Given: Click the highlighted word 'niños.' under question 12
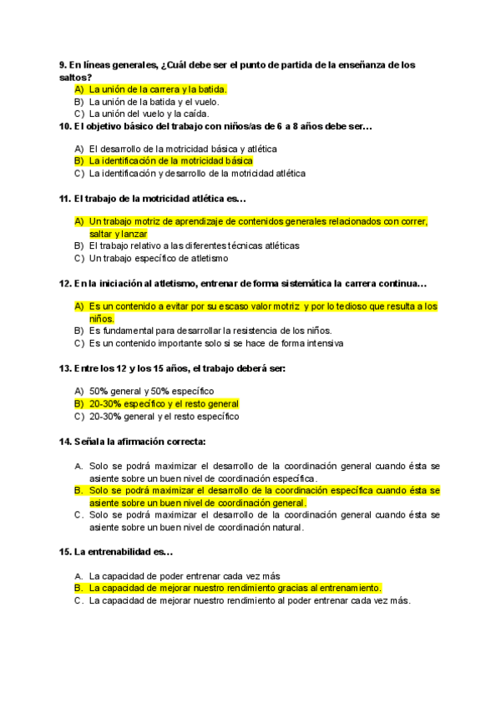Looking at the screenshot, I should pos(102,318).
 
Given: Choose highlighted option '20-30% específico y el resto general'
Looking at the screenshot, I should pos(164,403).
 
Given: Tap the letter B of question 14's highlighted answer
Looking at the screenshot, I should pos(78,491).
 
